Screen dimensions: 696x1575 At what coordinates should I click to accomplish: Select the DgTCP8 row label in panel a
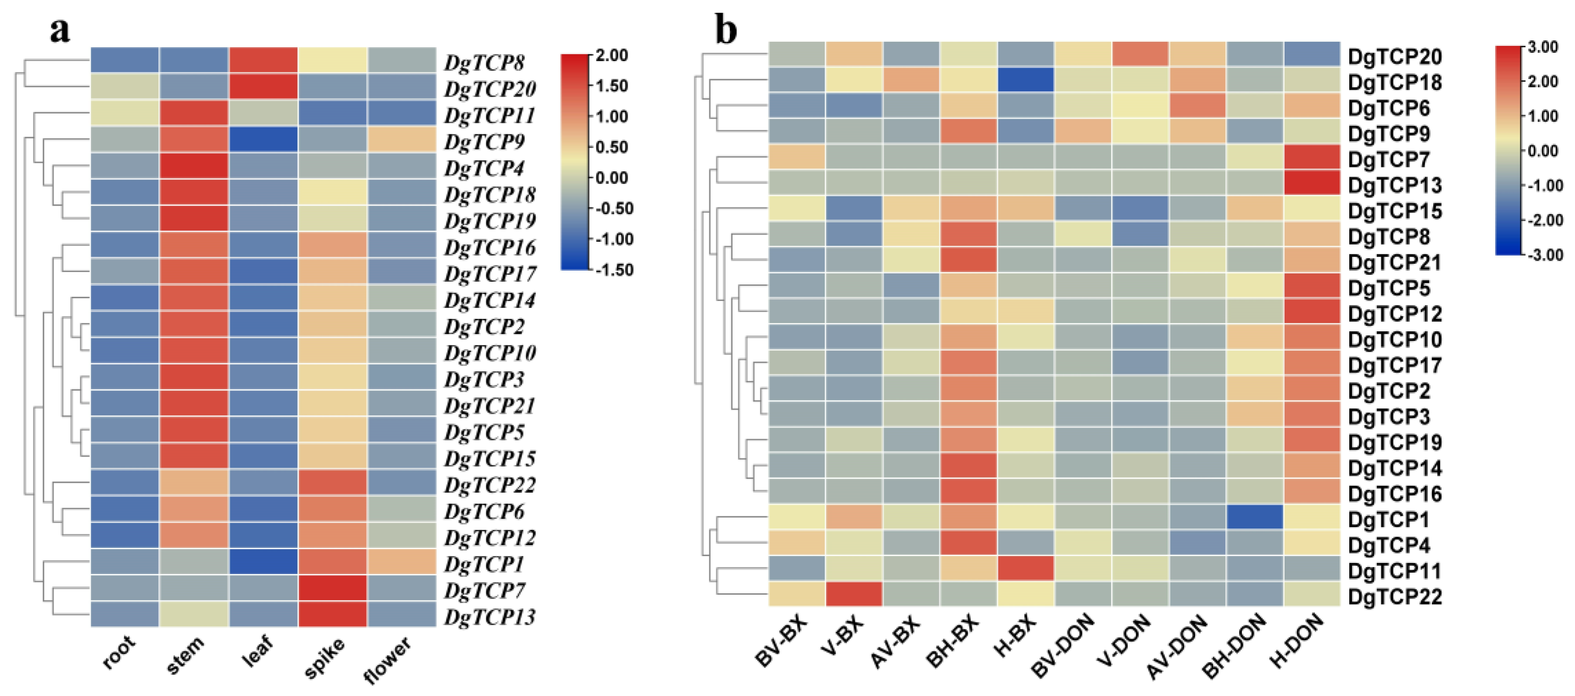pos(484,62)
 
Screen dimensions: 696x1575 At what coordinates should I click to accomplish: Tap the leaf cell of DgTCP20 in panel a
pos(263,87)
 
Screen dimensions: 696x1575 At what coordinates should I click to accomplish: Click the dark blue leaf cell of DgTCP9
pos(263,139)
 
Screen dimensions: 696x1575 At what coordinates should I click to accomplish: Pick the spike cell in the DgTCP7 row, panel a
pos(333,588)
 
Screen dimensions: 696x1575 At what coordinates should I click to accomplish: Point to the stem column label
pos(186,654)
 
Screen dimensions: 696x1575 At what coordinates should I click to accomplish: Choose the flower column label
pos(388,659)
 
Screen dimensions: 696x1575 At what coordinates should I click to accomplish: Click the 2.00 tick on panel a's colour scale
pos(612,56)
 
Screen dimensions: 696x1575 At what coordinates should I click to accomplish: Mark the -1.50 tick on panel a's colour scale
pos(614,270)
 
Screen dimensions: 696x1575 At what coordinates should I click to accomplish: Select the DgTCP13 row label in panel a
pos(490,617)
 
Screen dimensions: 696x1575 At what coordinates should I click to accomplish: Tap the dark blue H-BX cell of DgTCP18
pos(1025,79)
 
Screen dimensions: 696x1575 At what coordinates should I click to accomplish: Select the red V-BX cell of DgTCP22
pos(853,594)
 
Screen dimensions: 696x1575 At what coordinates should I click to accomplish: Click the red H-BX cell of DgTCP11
pos(1025,568)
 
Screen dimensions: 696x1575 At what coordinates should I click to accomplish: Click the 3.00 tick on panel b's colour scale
pos(1542,47)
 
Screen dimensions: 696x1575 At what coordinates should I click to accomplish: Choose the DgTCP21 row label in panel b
pos(1394,262)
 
